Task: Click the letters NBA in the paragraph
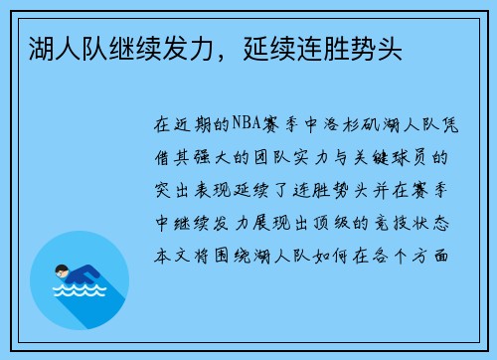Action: tap(243, 126)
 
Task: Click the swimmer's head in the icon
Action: tap(63, 270)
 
